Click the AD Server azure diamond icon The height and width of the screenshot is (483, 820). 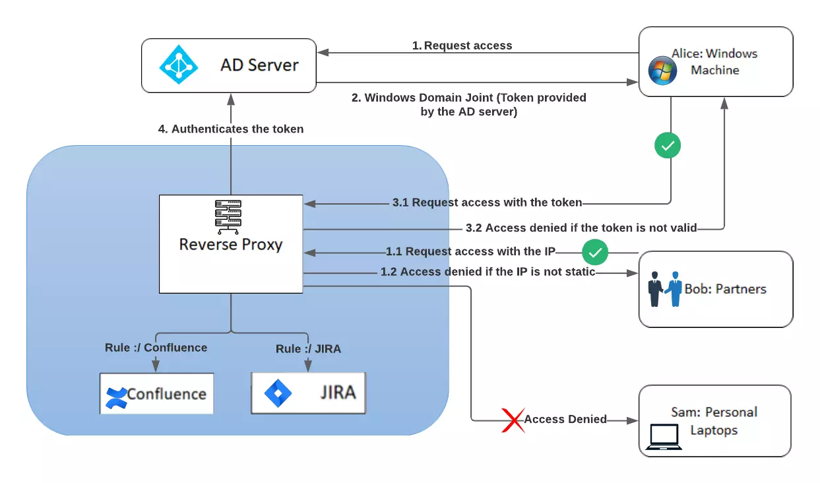tap(178, 65)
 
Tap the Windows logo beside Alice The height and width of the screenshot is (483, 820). tap(662, 71)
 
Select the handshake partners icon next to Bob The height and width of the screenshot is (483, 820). tap(665, 289)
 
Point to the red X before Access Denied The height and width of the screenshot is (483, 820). tap(512, 420)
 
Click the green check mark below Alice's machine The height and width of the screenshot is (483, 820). tap(668, 146)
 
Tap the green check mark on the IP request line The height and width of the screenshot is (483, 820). tap(594, 252)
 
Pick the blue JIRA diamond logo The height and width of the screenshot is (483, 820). tap(278, 394)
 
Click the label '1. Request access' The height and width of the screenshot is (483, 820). tap(462, 46)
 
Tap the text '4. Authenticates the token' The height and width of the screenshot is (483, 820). tap(230, 129)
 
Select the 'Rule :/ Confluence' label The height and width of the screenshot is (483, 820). tap(156, 348)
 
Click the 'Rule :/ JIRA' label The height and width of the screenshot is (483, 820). tap(308, 348)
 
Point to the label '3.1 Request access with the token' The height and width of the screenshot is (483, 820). tap(487, 203)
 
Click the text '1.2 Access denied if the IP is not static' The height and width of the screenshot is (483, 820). tap(488, 272)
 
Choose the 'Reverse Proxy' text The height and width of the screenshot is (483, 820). tap(230, 245)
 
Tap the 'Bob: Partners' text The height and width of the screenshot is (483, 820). tap(725, 289)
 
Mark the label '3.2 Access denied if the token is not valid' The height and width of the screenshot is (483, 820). tap(581, 228)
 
